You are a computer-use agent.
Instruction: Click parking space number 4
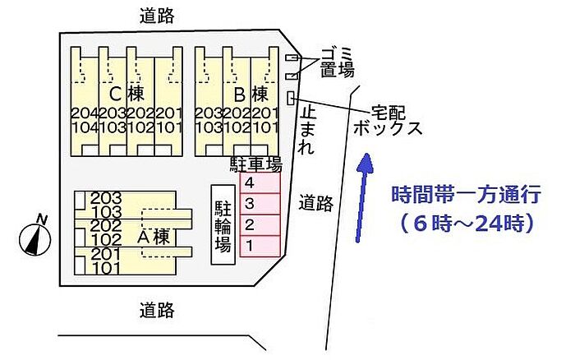tap(260, 182)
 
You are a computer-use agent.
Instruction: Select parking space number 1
tap(260, 246)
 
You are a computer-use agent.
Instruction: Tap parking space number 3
tap(260, 204)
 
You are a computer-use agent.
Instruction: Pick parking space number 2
tap(260, 225)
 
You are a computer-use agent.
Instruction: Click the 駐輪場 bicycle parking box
tap(223, 224)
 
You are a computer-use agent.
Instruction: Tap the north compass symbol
tap(34, 237)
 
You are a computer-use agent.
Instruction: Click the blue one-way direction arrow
tap(362, 197)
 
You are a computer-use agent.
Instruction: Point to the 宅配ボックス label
tap(388, 121)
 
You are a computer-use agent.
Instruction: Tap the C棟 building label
tap(126, 94)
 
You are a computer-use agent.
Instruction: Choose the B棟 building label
tap(251, 94)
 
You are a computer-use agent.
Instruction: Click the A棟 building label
tap(154, 237)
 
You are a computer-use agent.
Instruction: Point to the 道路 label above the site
tap(157, 16)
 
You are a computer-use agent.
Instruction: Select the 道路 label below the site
tap(157, 310)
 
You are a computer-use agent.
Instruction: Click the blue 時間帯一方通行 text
tap(466, 195)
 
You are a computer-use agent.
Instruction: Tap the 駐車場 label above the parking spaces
tap(255, 164)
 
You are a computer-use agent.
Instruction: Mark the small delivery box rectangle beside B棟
tap(291, 98)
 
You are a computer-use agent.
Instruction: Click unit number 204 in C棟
tap(85, 113)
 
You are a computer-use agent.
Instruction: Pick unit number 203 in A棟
tap(106, 198)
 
